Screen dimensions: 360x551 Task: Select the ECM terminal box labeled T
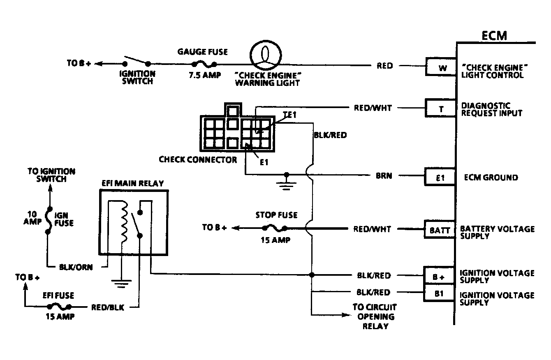tap(440, 110)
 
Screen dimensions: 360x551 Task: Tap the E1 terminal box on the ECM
tap(440, 178)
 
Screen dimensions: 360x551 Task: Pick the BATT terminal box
tap(440, 231)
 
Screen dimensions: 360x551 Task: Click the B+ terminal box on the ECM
tap(440, 277)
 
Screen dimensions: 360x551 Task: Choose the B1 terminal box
tap(440, 295)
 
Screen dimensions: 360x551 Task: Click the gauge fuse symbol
tap(203, 64)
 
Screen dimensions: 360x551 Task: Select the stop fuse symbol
tap(273, 228)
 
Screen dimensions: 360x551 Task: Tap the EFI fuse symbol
tap(58, 306)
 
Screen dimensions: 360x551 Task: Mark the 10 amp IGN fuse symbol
tap(48, 220)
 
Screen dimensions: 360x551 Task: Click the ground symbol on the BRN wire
tap(286, 182)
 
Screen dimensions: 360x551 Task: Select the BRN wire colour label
tap(384, 176)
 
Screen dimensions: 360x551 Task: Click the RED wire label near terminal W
tap(384, 66)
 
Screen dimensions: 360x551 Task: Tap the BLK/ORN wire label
tap(76, 267)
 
